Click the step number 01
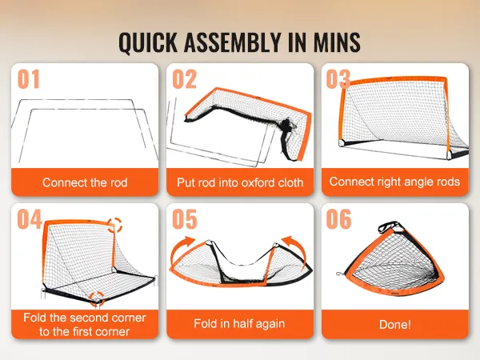pos(29,79)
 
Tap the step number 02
pos(184,79)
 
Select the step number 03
pos(338,79)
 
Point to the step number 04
pos(30,219)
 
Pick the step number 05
pos(185,219)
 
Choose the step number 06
pos(338,219)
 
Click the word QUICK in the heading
pos(148,42)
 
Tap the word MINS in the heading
pos(337,42)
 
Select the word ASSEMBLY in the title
pos(232,42)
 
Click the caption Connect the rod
pos(85,182)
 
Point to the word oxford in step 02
pos(258,182)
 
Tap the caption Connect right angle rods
pos(394,182)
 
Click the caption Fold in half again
pos(239,323)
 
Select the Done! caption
pos(395,325)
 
